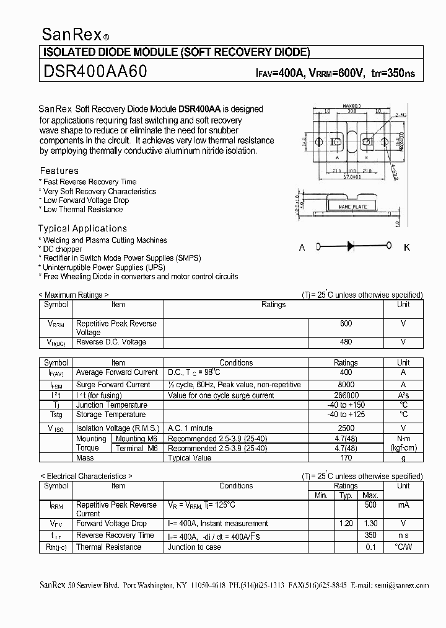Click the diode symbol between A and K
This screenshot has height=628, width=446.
click(350, 247)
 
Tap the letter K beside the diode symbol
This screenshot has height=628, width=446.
click(407, 248)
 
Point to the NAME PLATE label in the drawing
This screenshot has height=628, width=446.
click(352, 206)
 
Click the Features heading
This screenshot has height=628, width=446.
click(59, 171)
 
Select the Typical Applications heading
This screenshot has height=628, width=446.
click(82, 228)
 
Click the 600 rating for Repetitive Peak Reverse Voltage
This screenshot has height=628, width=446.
click(346, 324)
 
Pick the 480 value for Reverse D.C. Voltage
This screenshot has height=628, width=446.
click(346, 342)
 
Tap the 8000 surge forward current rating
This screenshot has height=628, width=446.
click(346, 385)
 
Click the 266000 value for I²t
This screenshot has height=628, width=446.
click(346, 395)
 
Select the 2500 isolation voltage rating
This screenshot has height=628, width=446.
click(346, 428)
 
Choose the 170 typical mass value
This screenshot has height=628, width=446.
click(346, 458)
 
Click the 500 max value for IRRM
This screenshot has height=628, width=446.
click(370, 505)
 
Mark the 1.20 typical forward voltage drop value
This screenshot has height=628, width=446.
click(346, 524)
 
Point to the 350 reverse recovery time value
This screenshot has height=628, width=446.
click(370, 535)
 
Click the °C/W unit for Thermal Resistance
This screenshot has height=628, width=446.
click(403, 547)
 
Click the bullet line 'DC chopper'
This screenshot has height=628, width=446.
click(61, 249)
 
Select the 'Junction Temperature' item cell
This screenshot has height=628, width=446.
click(111, 405)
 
